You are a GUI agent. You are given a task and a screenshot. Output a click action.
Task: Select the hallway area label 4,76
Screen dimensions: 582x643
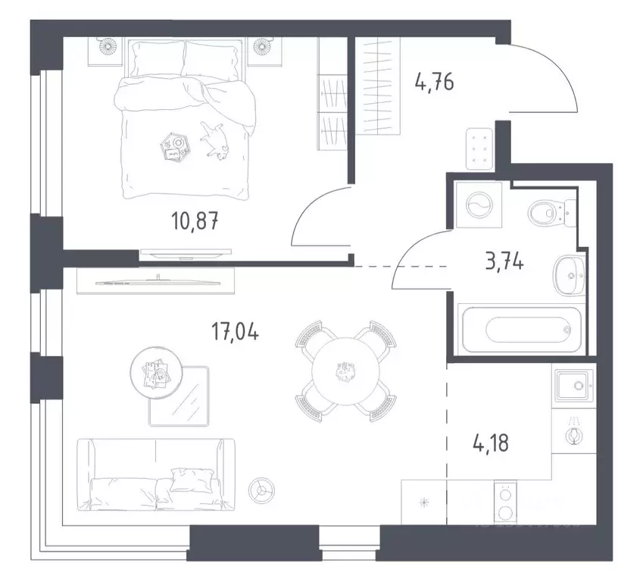point(434,81)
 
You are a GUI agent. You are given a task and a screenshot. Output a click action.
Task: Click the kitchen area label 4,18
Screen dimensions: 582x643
point(488,441)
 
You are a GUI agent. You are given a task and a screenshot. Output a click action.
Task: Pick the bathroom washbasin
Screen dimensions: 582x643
point(567,271)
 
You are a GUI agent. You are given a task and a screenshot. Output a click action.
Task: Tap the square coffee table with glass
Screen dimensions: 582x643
point(180,396)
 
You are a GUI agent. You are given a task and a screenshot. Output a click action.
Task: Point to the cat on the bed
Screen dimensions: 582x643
point(214,140)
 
